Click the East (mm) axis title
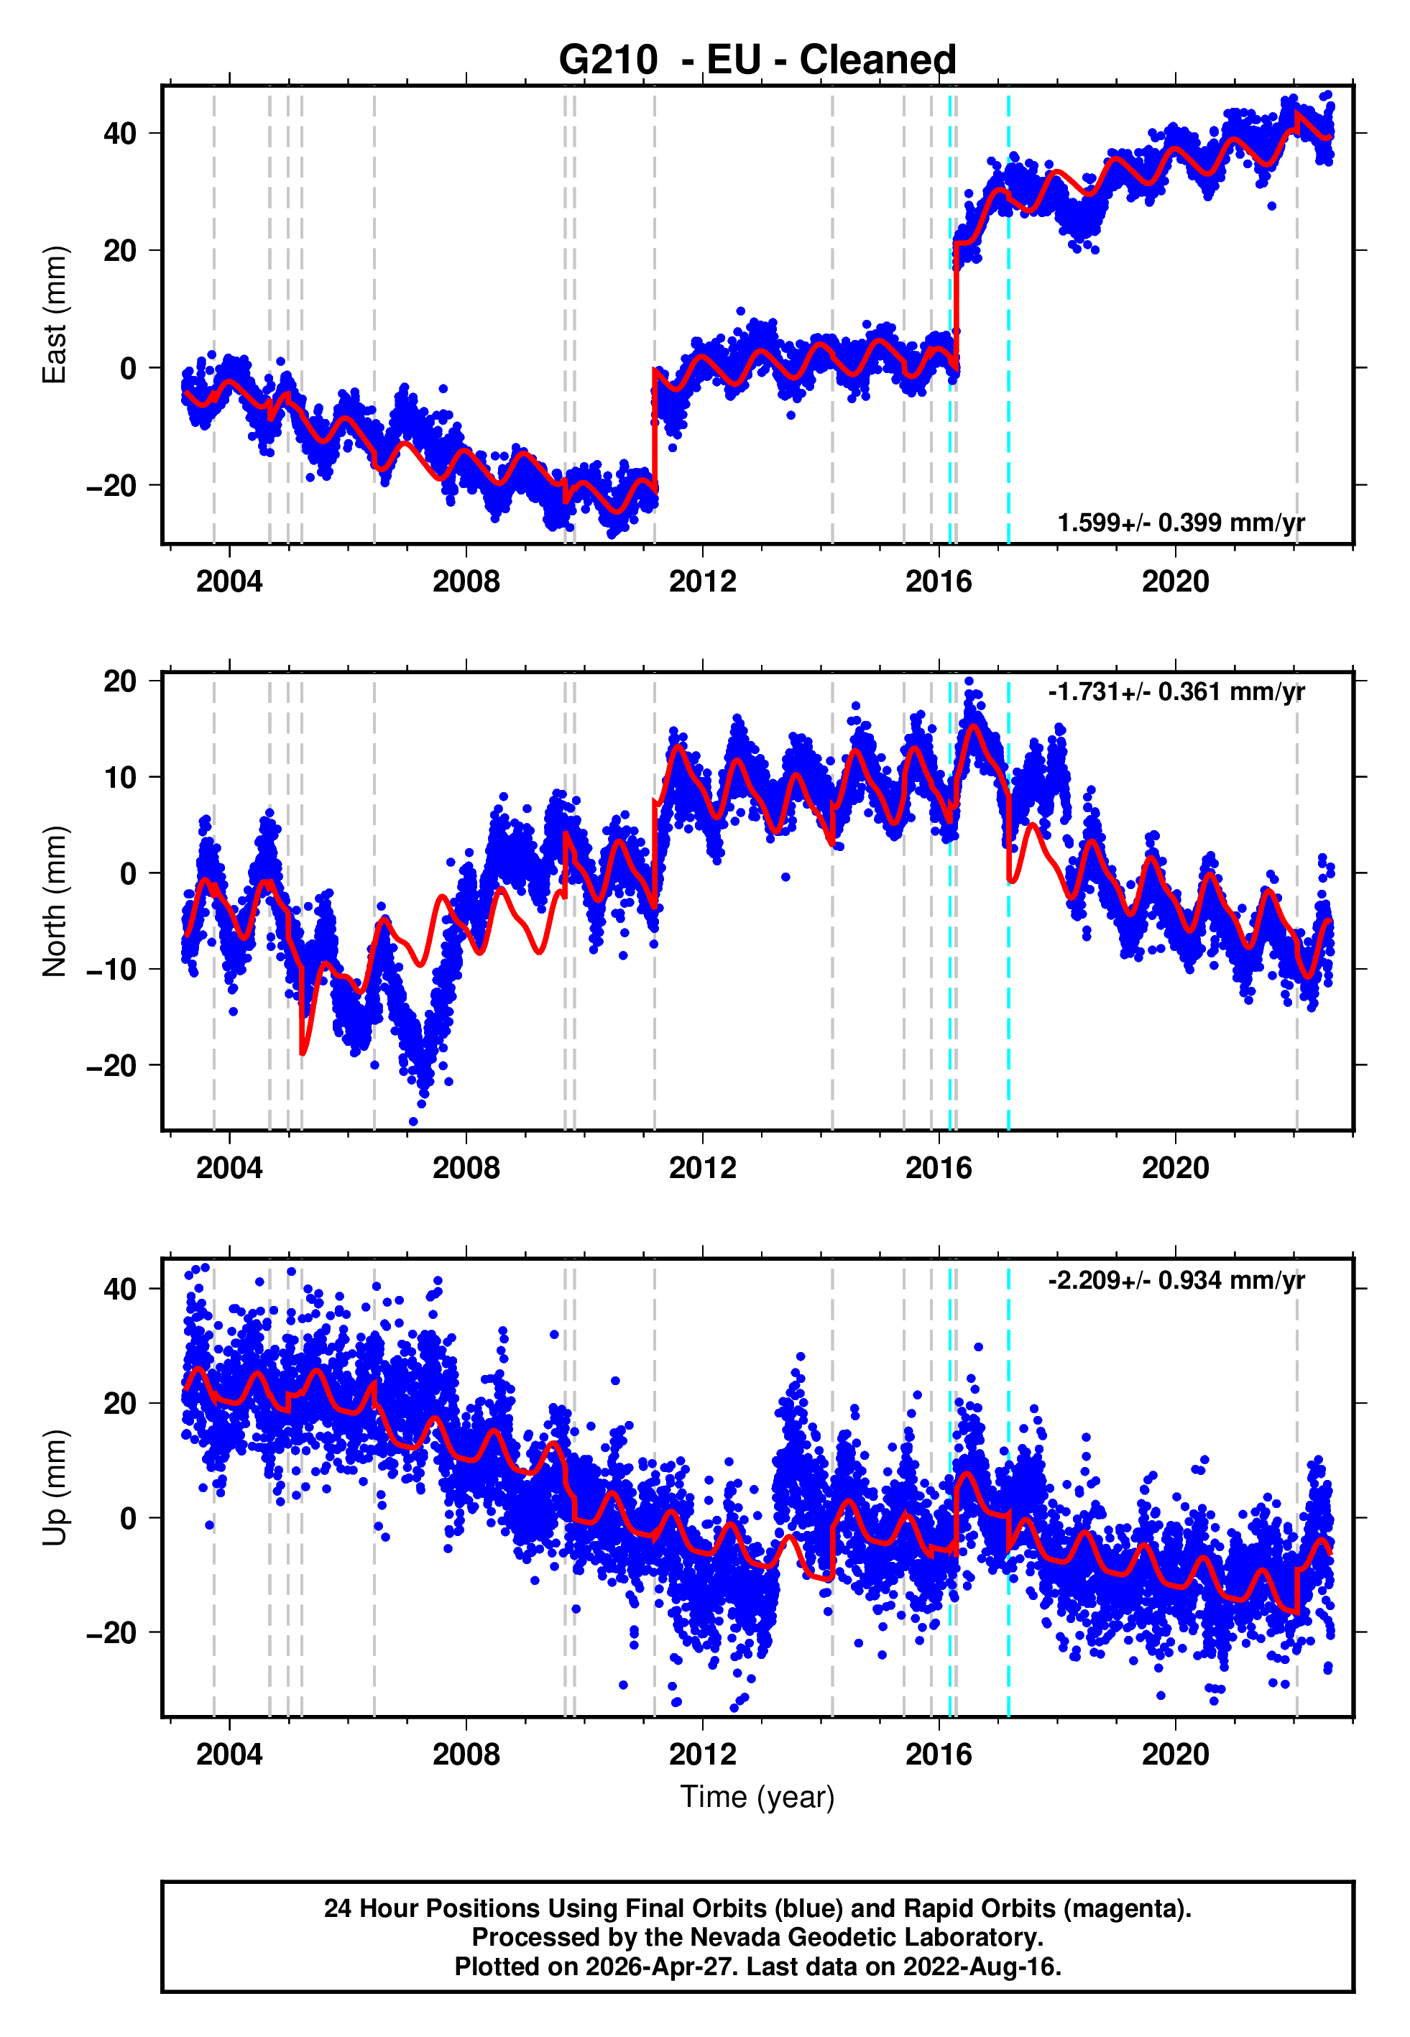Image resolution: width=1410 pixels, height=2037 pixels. [55, 315]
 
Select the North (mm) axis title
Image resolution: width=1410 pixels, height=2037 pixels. [55, 901]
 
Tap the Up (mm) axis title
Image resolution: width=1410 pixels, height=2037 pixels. [55, 1488]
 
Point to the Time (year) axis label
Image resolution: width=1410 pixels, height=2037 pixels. [757, 1797]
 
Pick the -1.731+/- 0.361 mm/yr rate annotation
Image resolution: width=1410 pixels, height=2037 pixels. [1176, 691]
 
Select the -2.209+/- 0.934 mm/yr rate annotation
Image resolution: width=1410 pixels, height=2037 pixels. [1176, 1280]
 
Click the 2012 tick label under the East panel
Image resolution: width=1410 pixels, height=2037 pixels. [702, 581]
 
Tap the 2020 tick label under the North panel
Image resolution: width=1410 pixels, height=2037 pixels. [1175, 1168]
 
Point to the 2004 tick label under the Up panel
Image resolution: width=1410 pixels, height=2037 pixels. [230, 1755]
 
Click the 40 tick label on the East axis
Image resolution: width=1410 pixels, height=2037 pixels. [120, 134]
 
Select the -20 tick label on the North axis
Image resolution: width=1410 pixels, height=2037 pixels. [111, 1066]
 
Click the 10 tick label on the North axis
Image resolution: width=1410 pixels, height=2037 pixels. [120, 777]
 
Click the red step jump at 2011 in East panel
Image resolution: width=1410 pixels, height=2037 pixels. [655, 424]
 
